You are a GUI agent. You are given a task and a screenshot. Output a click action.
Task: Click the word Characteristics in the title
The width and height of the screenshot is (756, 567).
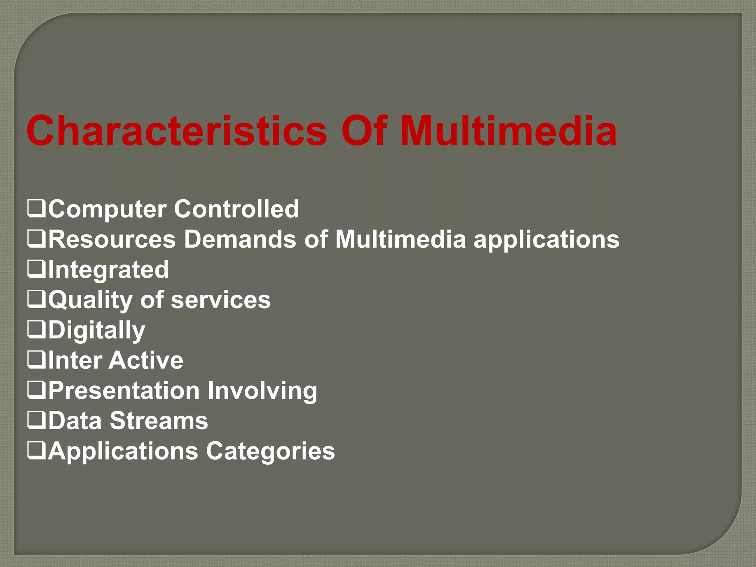pyautogui.click(x=176, y=131)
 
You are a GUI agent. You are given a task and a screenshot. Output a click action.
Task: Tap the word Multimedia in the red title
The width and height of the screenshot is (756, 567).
pyautogui.click(x=508, y=131)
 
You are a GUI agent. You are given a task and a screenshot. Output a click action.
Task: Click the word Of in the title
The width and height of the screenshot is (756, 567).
pyautogui.click(x=364, y=131)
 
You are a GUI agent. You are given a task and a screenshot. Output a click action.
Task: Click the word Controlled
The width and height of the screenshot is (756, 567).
pyautogui.click(x=236, y=209)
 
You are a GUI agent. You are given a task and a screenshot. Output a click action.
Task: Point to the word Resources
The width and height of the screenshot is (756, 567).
pyautogui.click(x=112, y=240)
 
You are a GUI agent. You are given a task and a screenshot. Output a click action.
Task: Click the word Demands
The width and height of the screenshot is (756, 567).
pyautogui.click(x=240, y=240)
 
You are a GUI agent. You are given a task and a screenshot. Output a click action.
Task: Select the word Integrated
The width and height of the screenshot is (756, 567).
pyautogui.click(x=109, y=270)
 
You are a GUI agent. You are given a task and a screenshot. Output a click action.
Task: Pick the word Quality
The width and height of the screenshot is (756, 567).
pyautogui.click(x=90, y=300)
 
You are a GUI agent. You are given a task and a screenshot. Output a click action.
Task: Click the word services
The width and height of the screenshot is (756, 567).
pyautogui.click(x=221, y=300)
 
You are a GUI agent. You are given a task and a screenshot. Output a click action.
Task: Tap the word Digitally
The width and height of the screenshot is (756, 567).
pyautogui.click(x=97, y=330)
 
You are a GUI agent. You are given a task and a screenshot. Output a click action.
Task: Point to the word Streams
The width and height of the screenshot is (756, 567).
pyautogui.click(x=159, y=421)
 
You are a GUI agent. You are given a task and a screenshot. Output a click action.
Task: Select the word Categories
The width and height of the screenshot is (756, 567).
pyautogui.click(x=270, y=451)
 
